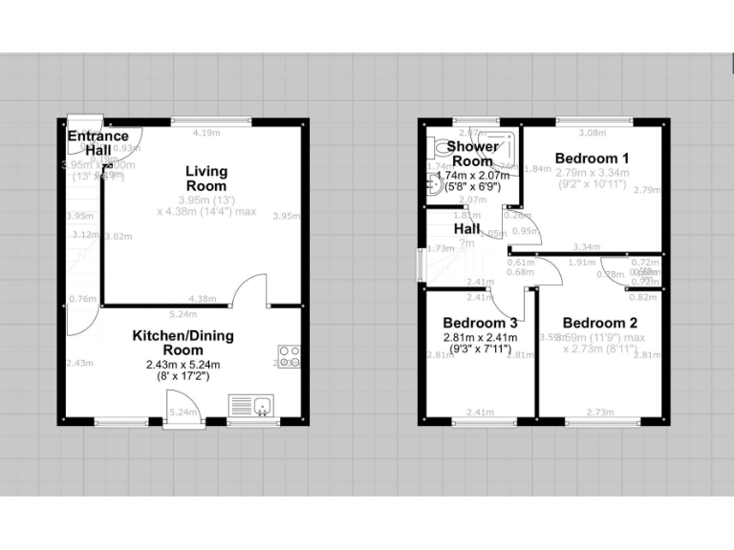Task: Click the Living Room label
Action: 206,179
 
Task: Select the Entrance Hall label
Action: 97,143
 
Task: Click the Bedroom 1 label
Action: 592,158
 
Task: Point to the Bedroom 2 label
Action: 599,323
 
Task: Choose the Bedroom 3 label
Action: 479,323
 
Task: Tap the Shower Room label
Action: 473,154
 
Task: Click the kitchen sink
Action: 251,407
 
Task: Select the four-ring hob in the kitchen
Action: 288,356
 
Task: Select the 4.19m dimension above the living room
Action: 206,133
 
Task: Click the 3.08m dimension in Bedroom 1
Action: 594,133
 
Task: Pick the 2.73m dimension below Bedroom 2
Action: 599,412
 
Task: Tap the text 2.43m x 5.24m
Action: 182,365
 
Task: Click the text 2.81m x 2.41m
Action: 479,337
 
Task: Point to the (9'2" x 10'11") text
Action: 592,183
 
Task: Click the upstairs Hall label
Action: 466,229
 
